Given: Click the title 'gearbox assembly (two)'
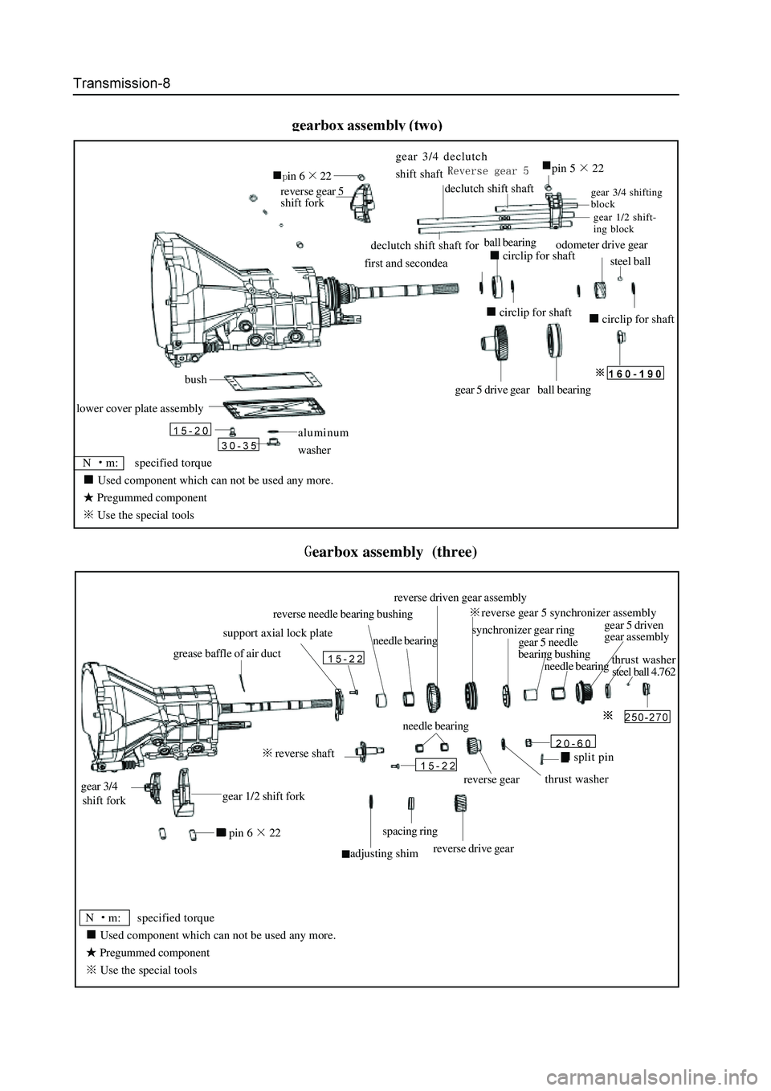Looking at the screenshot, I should tap(367, 125).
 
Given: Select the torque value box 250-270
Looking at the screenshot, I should tap(647, 717).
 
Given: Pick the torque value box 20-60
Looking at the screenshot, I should tap(573, 742).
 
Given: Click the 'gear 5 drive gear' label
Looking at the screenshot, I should tap(492, 390).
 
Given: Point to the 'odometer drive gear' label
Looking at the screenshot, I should tap(602, 244).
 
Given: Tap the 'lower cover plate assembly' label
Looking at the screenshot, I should tap(140, 408).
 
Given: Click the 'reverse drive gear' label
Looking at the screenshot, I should tap(473, 848).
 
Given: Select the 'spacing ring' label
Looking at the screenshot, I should tap(410, 832).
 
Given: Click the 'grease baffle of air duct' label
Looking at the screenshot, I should tap(227, 654).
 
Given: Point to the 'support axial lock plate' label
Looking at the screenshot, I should tap(277, 634).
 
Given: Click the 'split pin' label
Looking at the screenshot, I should tap(594, 758).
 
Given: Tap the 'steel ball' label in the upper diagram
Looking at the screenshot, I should tap(630, 261).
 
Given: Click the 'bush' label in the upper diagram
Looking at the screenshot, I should tap(195, 379).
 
